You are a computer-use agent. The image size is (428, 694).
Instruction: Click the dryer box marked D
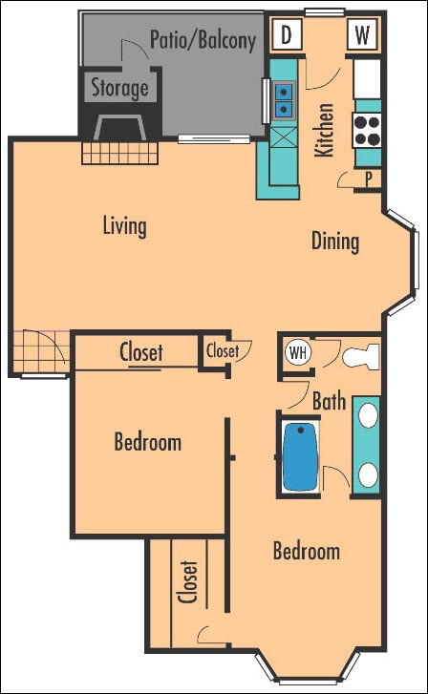286,36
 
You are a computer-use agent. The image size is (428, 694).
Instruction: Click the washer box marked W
362,36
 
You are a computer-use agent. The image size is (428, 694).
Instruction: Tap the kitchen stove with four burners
367,129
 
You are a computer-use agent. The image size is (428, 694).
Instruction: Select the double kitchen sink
284,100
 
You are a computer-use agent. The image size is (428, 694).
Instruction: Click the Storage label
119,89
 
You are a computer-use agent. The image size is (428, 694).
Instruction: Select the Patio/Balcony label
203,40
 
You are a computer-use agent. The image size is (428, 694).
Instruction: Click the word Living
125,226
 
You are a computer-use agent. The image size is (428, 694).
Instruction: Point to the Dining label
335,241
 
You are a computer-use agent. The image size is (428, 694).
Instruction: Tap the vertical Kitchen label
324,130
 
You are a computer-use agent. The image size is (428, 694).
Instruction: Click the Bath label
329,402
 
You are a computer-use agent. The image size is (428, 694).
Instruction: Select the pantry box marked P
368,179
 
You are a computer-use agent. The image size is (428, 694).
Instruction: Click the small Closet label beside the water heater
223,351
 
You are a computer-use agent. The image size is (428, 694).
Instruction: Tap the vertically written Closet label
188,581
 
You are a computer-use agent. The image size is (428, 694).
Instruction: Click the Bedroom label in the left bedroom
147,442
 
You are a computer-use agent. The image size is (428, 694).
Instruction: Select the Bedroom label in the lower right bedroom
306,552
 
